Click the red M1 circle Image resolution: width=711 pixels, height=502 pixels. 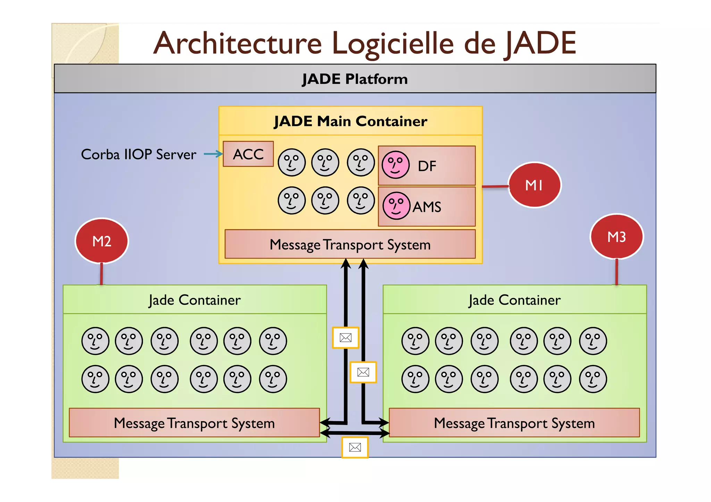click(x=534, y=185)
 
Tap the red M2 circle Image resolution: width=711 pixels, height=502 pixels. click(x=102, y=241)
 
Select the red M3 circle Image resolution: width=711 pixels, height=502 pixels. click(x=617, y=237)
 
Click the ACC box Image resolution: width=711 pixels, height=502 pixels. click(x=248, y=154)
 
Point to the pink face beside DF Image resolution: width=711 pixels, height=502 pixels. click(x=395, y=165)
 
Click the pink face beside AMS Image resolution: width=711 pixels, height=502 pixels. click(x=396, y=206)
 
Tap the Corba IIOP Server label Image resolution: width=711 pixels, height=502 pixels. click(x=139, y=154)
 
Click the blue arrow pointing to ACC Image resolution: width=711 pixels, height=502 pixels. click(x=213, y=154)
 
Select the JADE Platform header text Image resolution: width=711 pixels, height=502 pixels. click(x=355, y=79)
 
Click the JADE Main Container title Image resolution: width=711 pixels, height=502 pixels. click(x=350, y=121)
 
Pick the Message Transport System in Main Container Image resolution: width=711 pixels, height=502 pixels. click(x=350, y=245)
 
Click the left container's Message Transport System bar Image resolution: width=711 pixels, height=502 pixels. click(x=194, y=423)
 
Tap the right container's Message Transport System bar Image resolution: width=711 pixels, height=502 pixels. click(x=514, y=423)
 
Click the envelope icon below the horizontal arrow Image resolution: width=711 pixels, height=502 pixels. click(x=355, y=448)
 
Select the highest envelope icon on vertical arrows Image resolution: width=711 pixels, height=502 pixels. click(x=345, y=338)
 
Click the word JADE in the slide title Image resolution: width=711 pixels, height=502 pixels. click(x=540, y=43)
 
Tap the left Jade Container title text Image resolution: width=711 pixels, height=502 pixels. click(x=194, y=300)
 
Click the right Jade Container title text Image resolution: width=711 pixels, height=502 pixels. click(x=515, y=300)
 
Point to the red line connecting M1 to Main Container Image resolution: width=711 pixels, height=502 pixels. click(x=495, y=187)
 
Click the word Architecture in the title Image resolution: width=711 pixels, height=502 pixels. click(x=238, y=43)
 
